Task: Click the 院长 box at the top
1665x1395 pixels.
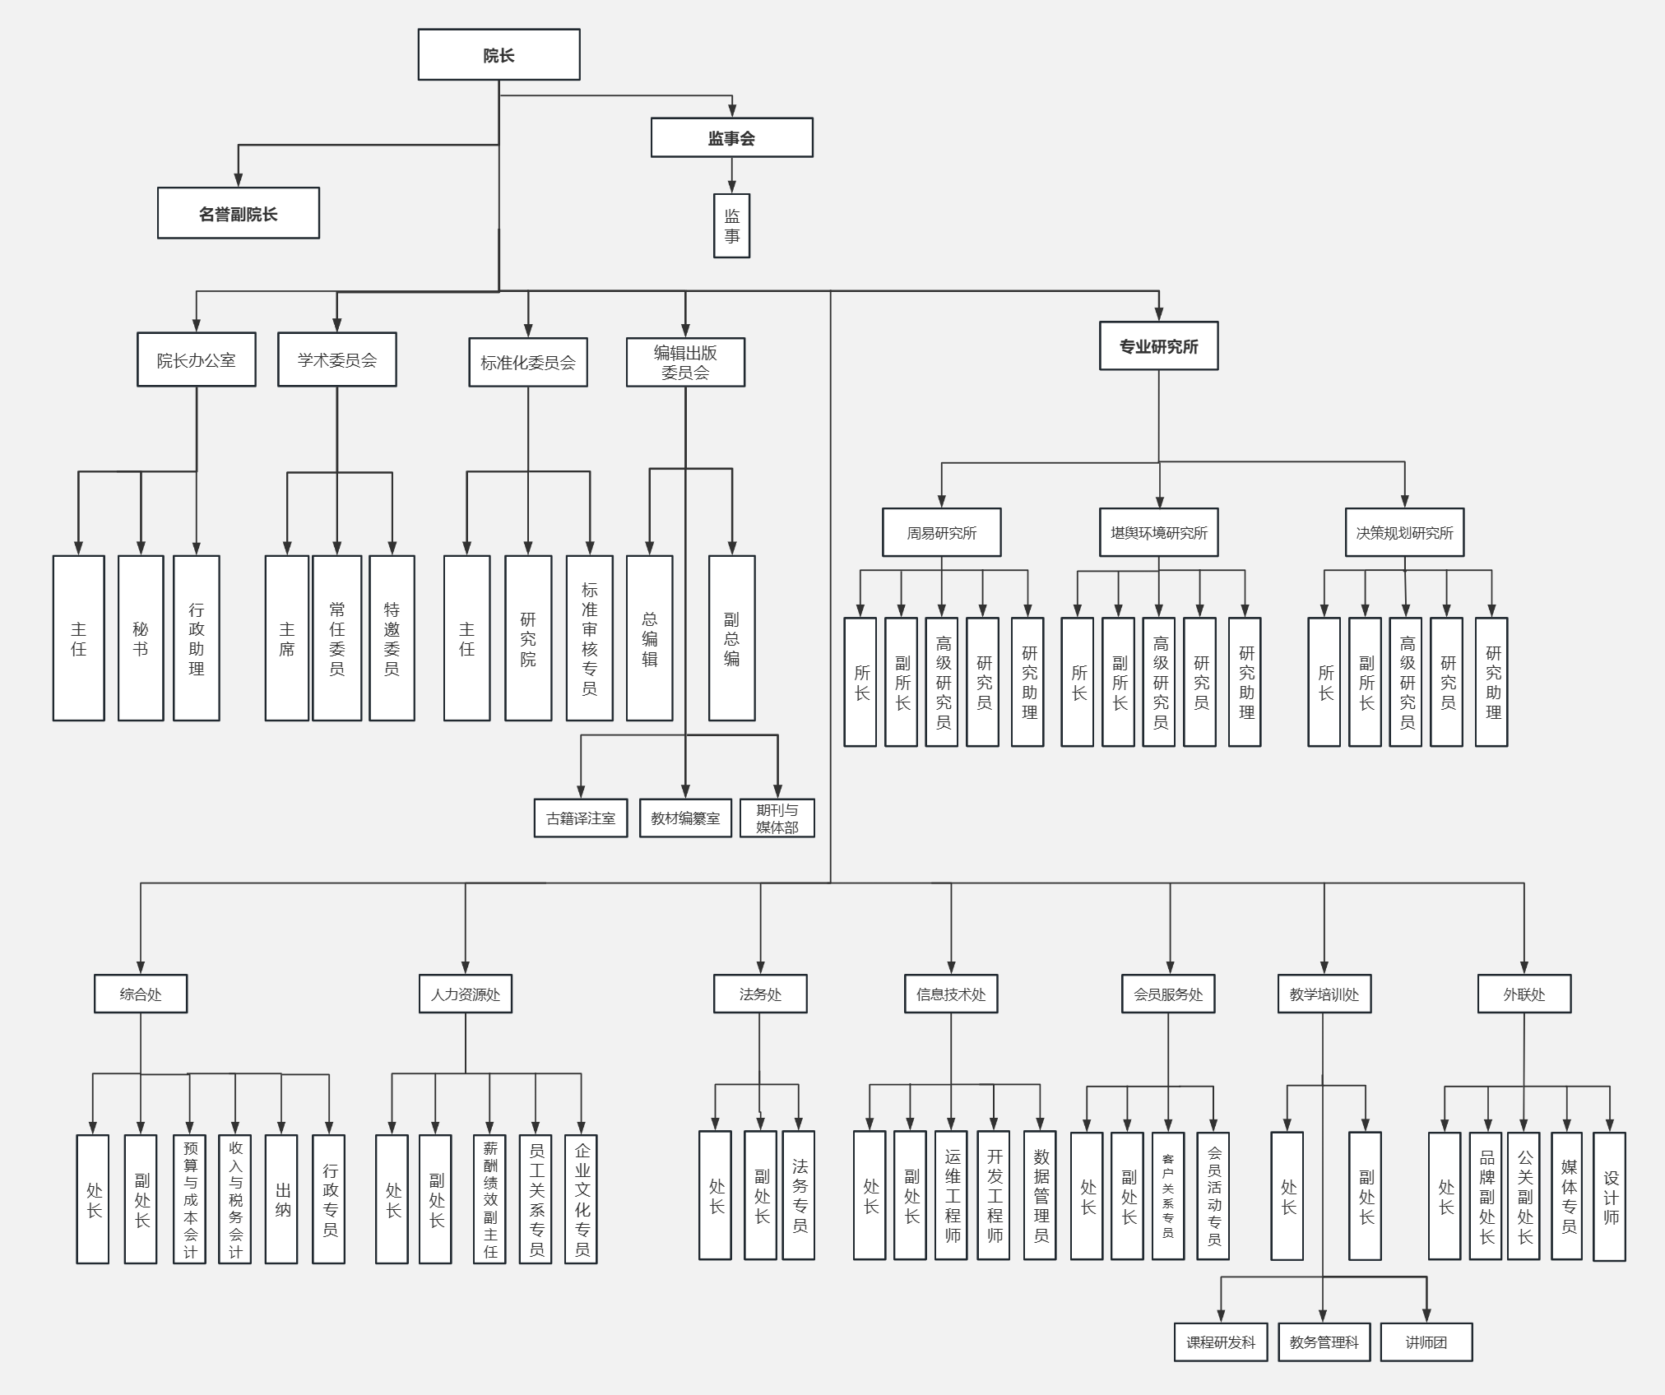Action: (x=499, y=55)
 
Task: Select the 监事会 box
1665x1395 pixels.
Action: (x=731, y=137)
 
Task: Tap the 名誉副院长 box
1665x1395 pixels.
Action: (x=239, y=214)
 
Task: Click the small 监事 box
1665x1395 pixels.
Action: (x=731, y=226)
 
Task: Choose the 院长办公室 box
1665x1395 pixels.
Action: (x=196, y=359)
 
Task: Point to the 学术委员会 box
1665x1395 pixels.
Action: (x=336, y=359)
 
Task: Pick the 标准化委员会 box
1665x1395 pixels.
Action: (x=528, y=362)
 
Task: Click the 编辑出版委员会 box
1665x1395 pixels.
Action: (x=685, y=362)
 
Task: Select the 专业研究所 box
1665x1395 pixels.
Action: (x=1158, y=346)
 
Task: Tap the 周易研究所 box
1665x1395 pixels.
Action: (x=941, y=532)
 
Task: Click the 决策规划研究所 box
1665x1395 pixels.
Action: (x=1404, y=532)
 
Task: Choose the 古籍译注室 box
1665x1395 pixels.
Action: (x=581, y=818)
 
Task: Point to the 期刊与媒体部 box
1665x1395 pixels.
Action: (x=777, y=818)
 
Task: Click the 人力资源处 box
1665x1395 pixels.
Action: (x=466, y=994)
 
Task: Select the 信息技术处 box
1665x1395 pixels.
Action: (x=951, y=994)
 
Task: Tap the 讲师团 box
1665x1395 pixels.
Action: (x=1426, y=1342)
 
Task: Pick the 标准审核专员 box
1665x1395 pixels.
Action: (x=589, y=638)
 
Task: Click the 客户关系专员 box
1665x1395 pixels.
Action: (x=1167, y=1196)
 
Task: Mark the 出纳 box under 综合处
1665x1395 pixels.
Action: (x=281, y=1199)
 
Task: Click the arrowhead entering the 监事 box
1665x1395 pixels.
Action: (x=731, y=188)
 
